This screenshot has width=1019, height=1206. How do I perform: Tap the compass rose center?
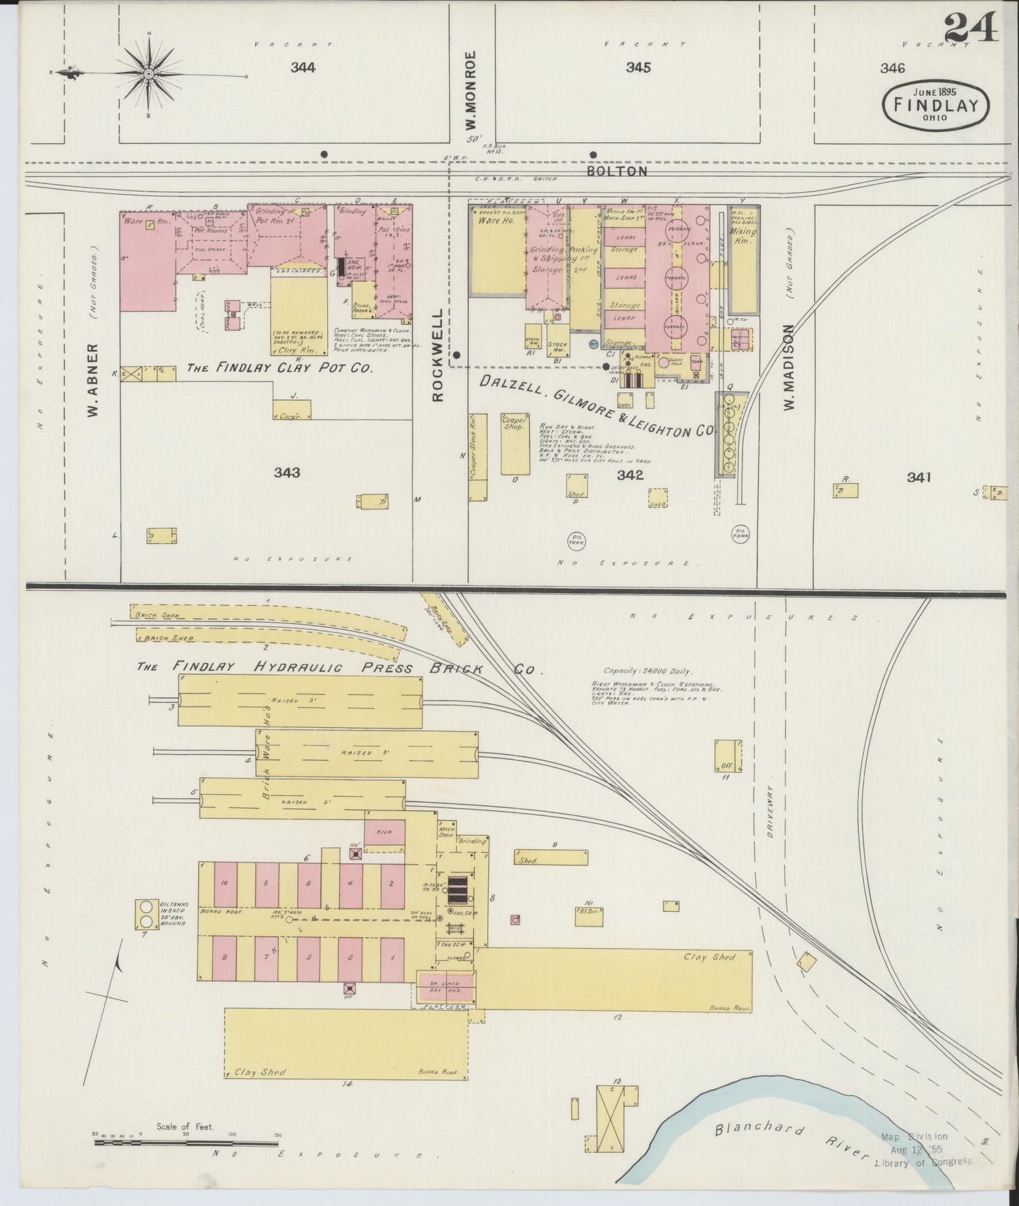tap(150, 73)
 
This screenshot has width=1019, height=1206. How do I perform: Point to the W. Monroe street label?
tap(470, 90)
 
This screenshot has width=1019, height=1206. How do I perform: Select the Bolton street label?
tap(617, 171)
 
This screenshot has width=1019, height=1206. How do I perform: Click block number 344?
tap(303, 68)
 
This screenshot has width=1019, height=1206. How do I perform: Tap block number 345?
tap(637, 68)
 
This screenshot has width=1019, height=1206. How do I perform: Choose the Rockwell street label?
tap(438, 355)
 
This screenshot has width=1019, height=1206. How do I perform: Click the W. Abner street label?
tap(92, 381)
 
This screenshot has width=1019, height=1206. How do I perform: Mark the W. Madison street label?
tap(788, 367)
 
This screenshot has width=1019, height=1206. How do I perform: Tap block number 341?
tap(919, 477)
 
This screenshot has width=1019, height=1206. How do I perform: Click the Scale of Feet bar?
tap(185, 1141)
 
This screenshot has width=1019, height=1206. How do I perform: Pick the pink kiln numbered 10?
tap(224, 884)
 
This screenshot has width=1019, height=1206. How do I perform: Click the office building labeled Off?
tap(727, 756)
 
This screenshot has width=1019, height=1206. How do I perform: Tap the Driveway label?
tap(770, 811)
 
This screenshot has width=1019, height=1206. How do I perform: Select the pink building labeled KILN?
tap(384, 832)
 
